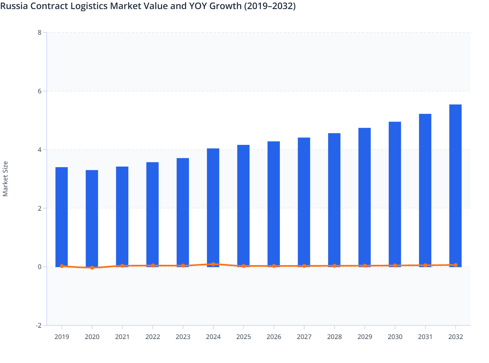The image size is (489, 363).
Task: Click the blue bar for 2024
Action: (213, 207)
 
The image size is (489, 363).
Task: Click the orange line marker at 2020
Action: (92, 268)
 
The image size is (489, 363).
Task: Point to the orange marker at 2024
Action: (213, 264)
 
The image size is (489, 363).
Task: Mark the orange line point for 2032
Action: (456, 265)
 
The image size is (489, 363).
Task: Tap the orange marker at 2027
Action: (304, 266)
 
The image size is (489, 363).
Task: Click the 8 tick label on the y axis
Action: (40, 32)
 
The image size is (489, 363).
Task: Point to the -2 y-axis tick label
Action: (39, 325)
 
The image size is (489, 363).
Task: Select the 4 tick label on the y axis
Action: (40, 150)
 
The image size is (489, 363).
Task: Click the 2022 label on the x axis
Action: (153, 337)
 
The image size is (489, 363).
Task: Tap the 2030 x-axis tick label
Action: (395, 337)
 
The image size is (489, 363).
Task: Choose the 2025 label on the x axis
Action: (244, 337)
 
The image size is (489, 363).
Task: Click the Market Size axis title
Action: (5, 179)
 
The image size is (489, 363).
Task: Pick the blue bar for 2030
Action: (395, 194)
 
